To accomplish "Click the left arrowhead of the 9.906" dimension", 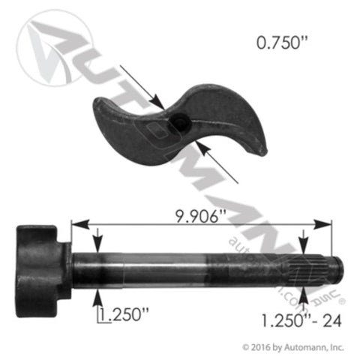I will pyautogui.click(x=76, y=223).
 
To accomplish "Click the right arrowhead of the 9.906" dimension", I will pyautogui.click(x=327, y=223).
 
